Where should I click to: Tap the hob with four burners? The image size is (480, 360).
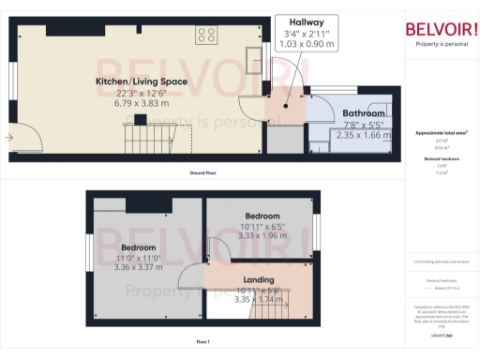pos(205,36)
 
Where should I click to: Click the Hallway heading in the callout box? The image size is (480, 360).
pos(306,22)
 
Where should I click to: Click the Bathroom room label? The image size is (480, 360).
pos(363,112)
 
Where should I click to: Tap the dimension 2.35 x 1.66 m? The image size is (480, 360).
pos(363,136)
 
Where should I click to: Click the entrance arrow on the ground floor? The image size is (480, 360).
pos(8,138)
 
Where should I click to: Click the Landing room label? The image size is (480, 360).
pos(259,278)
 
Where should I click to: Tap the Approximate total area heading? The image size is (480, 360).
pos(441,133)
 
